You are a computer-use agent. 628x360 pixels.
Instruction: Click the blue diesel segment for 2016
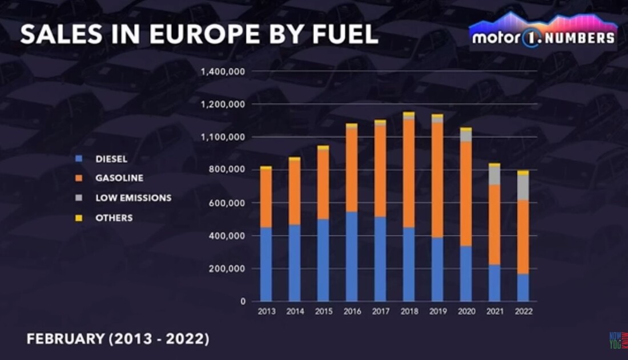tap(352, 256)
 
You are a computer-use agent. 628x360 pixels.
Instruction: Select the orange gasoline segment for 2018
tap(409, 173)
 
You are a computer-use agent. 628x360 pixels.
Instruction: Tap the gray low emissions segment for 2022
tap(523, 187)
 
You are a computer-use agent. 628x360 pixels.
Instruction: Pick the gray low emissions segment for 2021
tap(494, 175)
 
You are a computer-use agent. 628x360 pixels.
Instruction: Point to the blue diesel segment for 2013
tap(266, 264)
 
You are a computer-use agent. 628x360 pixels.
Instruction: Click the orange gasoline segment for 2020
tap(466, 194)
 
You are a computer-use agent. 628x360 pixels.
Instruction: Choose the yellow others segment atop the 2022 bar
tap(523, 172)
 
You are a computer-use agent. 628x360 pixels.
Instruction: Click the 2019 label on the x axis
tap(437, 312)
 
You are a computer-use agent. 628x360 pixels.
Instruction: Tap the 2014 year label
tap(295, 312)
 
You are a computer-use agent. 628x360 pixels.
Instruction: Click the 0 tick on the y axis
tap(242, 301)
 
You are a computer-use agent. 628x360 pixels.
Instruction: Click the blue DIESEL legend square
tap(79, 159)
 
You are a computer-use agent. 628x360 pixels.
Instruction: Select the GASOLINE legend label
tap(119, 179)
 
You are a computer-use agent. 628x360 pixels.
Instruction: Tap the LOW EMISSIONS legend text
tap(133, 198)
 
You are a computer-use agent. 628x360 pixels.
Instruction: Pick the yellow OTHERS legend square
tap(79, 218)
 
